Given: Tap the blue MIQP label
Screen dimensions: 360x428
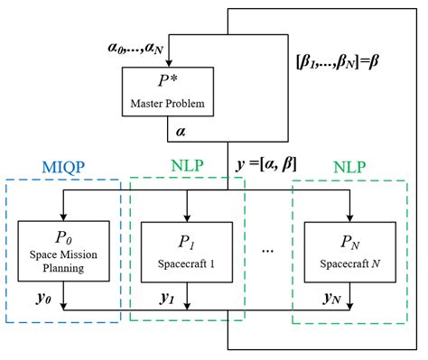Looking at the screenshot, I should point(63,168).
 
